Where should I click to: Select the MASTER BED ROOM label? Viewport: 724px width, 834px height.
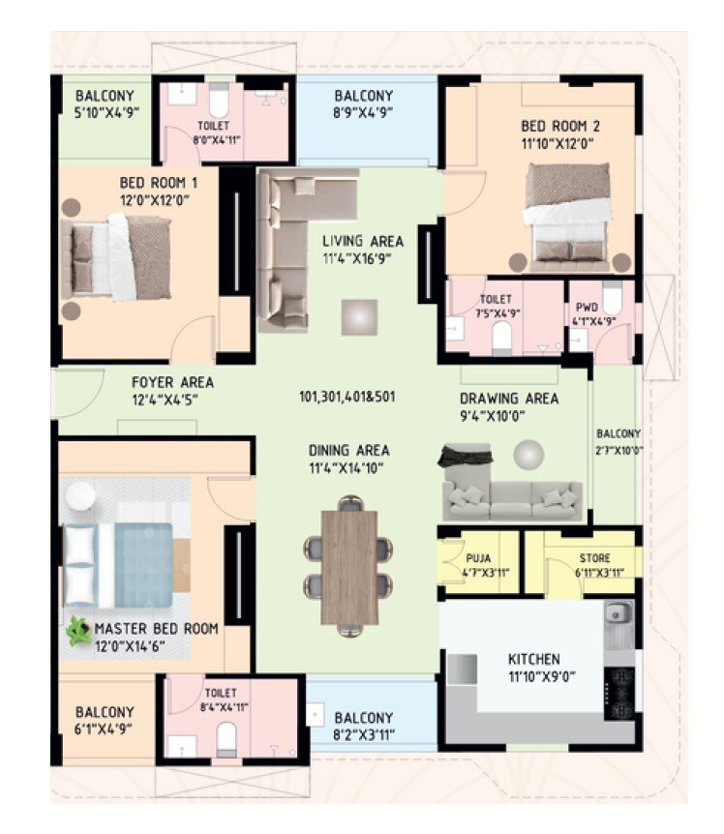tap(157, 629)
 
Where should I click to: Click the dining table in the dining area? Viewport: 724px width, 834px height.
tap(349, 567)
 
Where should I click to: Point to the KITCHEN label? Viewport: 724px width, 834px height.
tap(533, 660)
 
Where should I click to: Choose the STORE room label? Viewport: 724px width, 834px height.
tap(594, 558)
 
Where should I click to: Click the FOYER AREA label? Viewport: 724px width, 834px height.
tap(172, 382)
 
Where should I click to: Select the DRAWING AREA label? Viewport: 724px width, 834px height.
tap(509, 398)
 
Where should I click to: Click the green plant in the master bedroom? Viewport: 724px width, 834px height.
tap(78, 632)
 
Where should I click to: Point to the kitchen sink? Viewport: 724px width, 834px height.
tap(618, 612)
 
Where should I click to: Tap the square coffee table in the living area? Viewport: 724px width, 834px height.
tap(359, 315)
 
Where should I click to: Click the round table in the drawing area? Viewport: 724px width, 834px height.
tap(528, 455)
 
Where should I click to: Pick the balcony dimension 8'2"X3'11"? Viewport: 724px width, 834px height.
tap(363, 733)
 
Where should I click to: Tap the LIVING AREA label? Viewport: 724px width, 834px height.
tap(363, 241)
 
